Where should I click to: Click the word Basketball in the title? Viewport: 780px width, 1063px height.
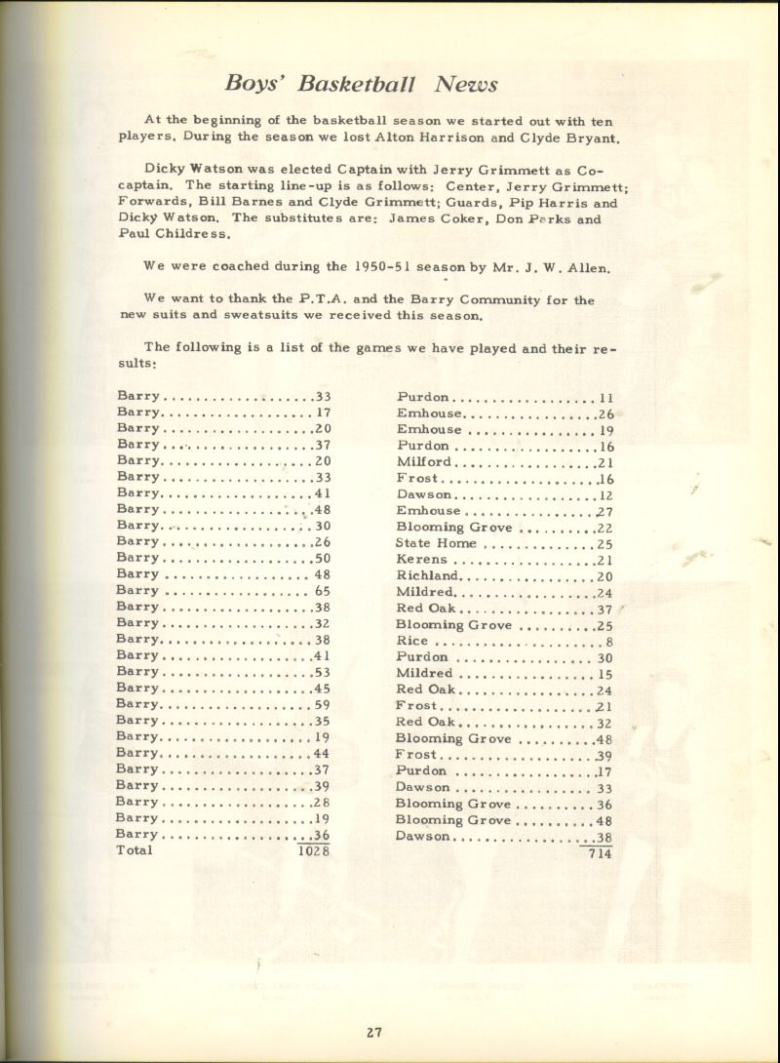(x=358, y=84)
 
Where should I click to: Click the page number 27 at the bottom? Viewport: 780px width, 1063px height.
(x=374, y=1034)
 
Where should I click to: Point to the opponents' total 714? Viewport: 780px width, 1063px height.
(x=597, y=853)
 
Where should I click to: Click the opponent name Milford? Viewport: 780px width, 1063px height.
(x=424, y=462)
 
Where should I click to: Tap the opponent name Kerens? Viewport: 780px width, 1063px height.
(x=422, y=560)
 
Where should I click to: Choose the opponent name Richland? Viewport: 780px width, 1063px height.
(x=427, y=576)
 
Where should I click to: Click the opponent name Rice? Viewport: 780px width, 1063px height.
(x=411, y=641)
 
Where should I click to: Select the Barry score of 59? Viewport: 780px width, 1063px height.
(x=322, y=704)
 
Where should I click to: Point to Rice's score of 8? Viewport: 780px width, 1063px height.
(x=608, y=642)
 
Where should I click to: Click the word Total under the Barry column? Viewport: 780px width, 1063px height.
(x=135, y=850)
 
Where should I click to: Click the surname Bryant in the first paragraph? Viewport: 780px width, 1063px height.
(x=594, y=138)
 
